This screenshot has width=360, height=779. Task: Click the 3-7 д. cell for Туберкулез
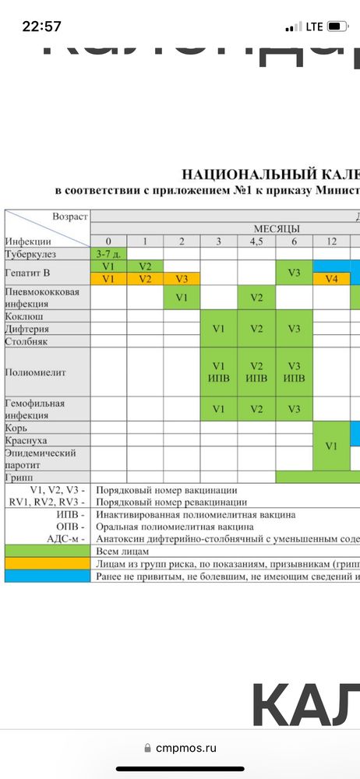point(108,253)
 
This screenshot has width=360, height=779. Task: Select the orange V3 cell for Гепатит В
point(182,278)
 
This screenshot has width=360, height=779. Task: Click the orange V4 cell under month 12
point(331,278)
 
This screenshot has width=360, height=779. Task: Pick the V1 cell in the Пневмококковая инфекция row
point(182,297)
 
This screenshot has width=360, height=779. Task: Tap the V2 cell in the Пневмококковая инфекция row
point(256,297)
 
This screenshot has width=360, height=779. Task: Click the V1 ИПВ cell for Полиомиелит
point(219,372)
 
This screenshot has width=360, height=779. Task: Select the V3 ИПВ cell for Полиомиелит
point(294,372)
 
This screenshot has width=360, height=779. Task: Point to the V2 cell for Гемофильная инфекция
point(256,409)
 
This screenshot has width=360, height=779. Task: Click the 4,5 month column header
point(256,241)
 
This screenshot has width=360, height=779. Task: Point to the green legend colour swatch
point(48,550)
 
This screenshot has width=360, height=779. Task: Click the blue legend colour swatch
point(48,576)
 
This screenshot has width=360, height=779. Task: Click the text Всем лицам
point(122,550)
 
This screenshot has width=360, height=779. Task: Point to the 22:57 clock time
point(42,26)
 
